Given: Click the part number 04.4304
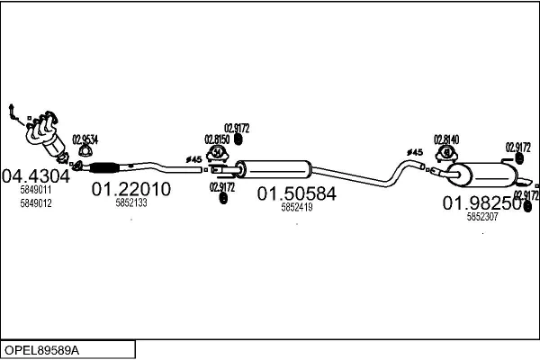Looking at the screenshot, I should tap(36, 175).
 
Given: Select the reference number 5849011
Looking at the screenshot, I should tap(36, 191).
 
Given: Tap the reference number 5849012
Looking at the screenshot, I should tap(36, 203).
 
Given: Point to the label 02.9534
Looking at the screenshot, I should tap(85, 139).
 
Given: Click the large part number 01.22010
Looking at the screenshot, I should tap(131, 190).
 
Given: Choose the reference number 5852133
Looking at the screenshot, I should tap(131, 203).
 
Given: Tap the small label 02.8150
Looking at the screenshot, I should tap(217, 139).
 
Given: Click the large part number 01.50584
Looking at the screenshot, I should tap(296, 193).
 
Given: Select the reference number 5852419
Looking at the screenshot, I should tap(296, 207).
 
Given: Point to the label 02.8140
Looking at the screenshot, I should tap(446, 139).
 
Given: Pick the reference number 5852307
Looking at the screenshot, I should tap(481, 217).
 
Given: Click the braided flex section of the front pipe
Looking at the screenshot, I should tap(106, 166).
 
